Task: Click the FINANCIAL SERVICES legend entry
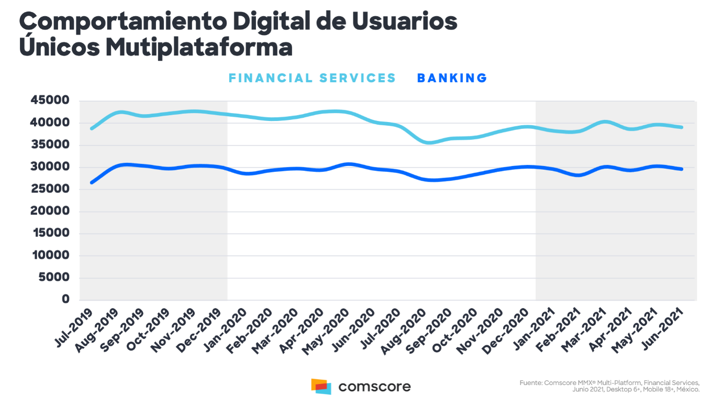(x=312, y=78)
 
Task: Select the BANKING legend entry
(x=452, y=78)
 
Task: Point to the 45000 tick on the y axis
(x=51, y=101)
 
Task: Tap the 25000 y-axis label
(x=51, y=189)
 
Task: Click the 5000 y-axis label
(x=54, y=278)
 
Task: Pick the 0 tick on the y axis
(x=66, y=300)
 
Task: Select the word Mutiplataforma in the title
(x=198, y=48)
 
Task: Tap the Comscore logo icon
(x=321, y=387)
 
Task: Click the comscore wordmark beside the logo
(x=374, y=387)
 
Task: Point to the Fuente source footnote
(x=609, y=386)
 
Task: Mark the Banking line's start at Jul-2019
(x=92, y=182)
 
